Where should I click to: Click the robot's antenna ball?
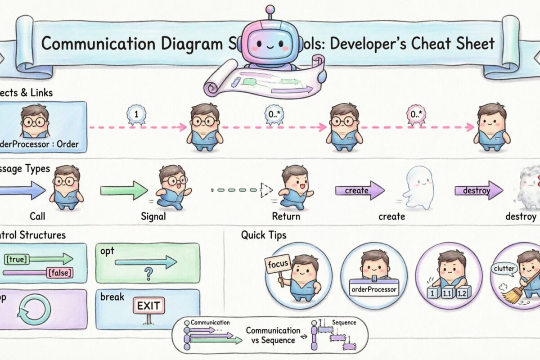(270, 9)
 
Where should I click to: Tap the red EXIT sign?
(148, 306)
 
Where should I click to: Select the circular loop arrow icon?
(34, 309)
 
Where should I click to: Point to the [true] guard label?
(16, 259)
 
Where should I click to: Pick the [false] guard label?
(60, 272)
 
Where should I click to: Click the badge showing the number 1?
(135, 115)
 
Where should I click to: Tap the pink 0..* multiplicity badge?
(415, 115)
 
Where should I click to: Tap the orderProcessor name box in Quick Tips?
(373, 288)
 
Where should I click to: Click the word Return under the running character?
(286, 216)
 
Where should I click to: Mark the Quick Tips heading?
(263, 234)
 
